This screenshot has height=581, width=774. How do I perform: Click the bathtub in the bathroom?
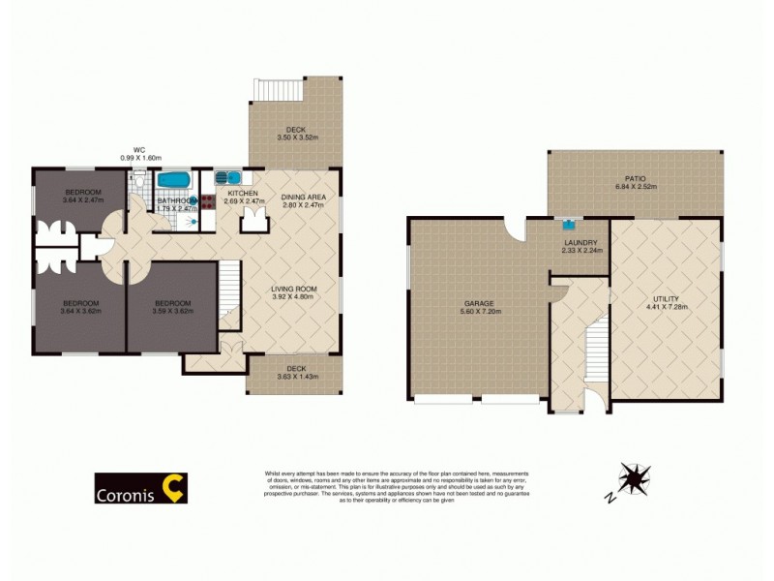[174, 180]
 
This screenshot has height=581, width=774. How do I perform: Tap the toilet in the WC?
[140, 180]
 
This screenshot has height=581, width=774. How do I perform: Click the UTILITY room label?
[666, 299]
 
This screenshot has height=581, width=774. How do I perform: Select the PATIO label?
[635, 178]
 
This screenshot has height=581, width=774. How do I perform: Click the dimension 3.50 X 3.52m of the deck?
[295, 138]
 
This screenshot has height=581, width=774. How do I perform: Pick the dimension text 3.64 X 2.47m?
[81, 201]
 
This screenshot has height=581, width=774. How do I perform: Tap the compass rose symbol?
[635, 478]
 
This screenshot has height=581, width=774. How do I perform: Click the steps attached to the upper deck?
[277, 89]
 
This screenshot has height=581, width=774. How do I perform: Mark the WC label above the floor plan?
[139, 149]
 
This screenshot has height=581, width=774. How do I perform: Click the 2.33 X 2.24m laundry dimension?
[580, 251]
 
